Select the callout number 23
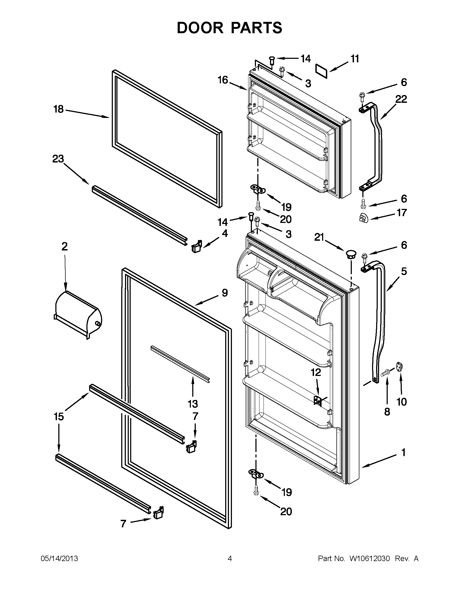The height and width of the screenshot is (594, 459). (58, 159)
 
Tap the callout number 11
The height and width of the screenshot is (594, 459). (355, 59)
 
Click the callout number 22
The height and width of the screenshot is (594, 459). (401, 99)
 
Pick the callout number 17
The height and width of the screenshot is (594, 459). (402, 212)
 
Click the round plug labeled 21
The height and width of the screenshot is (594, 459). (351, 254)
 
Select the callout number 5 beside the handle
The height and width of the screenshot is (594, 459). (404, 271)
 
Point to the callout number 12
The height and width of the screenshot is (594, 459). (316, 372)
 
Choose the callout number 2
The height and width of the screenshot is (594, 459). (65, 246)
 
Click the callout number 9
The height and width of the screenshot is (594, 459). (224, 293)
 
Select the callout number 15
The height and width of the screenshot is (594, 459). (59, 416)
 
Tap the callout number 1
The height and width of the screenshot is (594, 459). (403, 453)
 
